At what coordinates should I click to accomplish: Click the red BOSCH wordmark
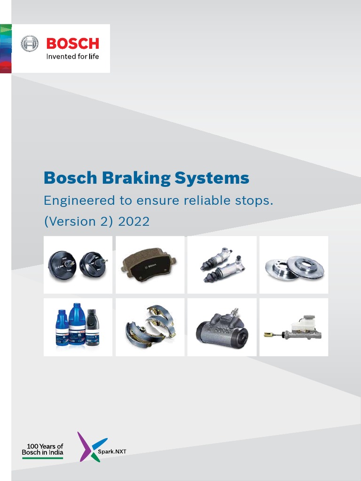click(x=72, y=44)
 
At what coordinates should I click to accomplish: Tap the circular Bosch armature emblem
click(x=30, y=44)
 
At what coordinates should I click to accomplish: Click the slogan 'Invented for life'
click(x=72, y=56)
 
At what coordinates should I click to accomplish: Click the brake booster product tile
click(x=78, y=265)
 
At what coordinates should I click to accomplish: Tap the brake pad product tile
click(x=150, y=265)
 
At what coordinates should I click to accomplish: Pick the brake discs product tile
click(x=294, y=265)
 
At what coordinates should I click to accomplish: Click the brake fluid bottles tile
click(x=78, y=327)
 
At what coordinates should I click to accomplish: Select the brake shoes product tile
click(x=150, y=327)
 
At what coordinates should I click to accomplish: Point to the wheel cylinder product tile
click(x=222, y=327)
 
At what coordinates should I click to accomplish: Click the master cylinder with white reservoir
click(x=294, y=327)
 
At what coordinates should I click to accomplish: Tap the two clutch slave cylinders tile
click(x=222, y=265)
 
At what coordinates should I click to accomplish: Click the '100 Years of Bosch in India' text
click(x=43, y=450)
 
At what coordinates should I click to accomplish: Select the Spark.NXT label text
click(x=116, y=451)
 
